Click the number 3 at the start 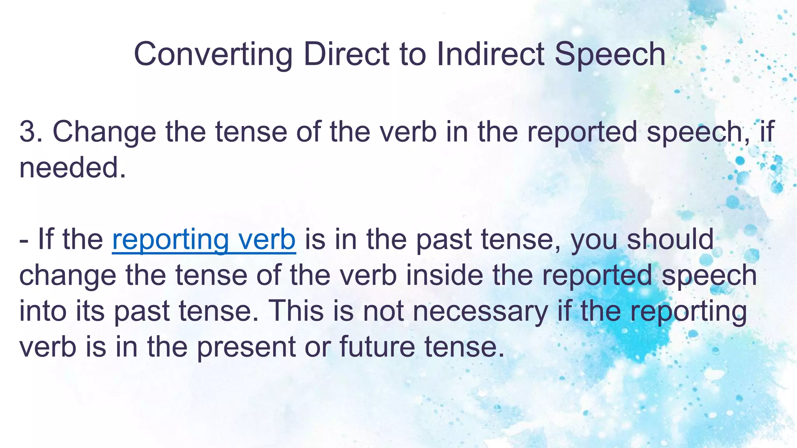point(27,131)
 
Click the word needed point(72,168)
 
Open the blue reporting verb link point(204,240)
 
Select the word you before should point(594,240)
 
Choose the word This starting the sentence point(296,311)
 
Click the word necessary point(480,311)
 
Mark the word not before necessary point(384,311)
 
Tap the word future point(377,346)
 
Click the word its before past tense point(90,311)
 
